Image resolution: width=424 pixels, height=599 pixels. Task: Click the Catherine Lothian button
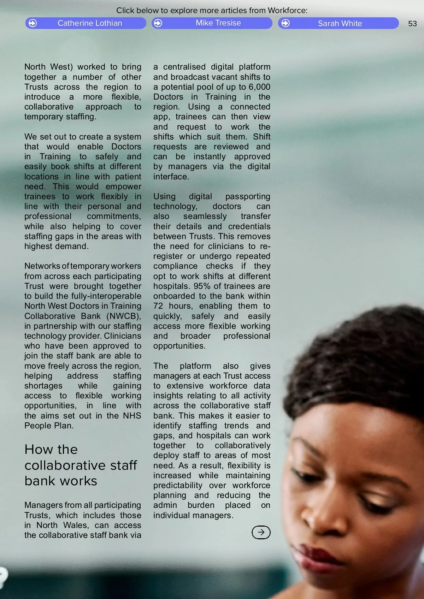click(x=86, y=23)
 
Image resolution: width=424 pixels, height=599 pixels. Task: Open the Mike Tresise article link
click(x=212, y=23)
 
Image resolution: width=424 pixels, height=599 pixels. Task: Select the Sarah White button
click(x=338, y=23)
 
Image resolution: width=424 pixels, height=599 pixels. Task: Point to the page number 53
click(x=412, y=24)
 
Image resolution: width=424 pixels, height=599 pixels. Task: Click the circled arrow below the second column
click(x=261, y=532)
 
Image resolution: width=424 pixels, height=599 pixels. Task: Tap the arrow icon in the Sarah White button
click(x=285, y=23)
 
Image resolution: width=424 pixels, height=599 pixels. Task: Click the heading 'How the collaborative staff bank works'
click(x=81, y=465)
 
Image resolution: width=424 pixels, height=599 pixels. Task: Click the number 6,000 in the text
click(x=259, y=87)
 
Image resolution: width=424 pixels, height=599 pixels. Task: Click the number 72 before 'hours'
click(x=158, y=306)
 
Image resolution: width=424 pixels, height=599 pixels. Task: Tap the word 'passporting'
click(x=248, y=196)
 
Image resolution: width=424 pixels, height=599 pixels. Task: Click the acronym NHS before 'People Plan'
click(x=132, y=416)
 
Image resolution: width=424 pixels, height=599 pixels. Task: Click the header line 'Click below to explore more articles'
click(x=212, y=11)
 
